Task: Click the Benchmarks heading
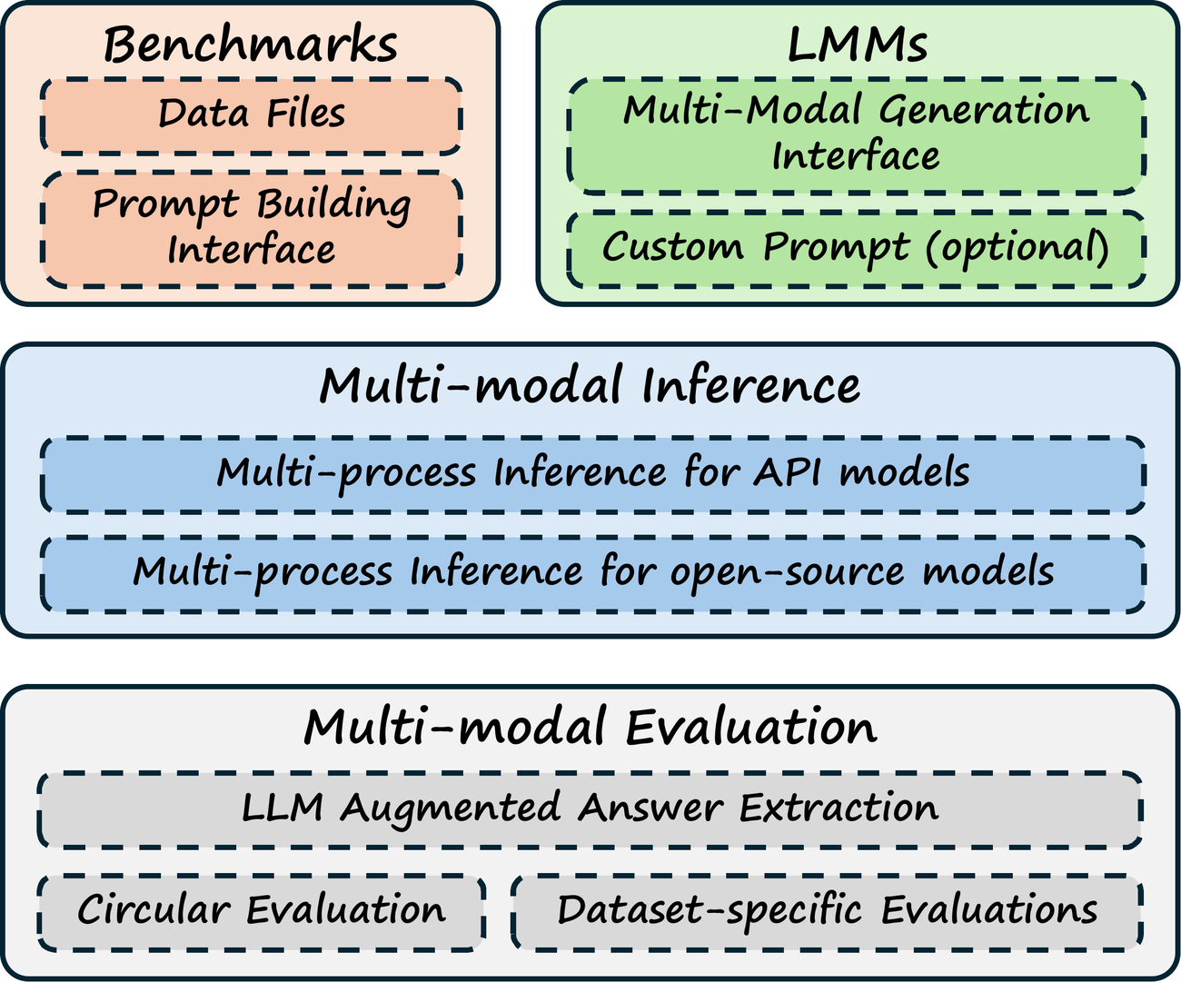tap(251, 45)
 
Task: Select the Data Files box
tap(252, 115)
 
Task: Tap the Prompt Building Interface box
tap(252, 229)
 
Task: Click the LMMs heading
tap(857, 45)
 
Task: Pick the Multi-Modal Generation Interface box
tap(857, 136)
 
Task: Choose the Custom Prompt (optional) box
tap(857, 249)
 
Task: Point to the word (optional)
tap(1017, 249)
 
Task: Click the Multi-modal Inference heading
tap(590, 386)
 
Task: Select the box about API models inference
tap(592, 474)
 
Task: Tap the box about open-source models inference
tap(592, 574)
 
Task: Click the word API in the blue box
tap(789, 472)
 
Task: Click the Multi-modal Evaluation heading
tap(590, 728)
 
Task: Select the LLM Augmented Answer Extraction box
tap(590, 810)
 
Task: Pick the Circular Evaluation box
tap(262, 912)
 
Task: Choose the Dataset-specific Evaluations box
tap(827, 912)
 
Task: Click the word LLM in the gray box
tap(283, 808)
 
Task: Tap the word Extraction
tap(839, 808)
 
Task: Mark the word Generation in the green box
tap(984, 110)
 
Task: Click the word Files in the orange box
tap(305, 114)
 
